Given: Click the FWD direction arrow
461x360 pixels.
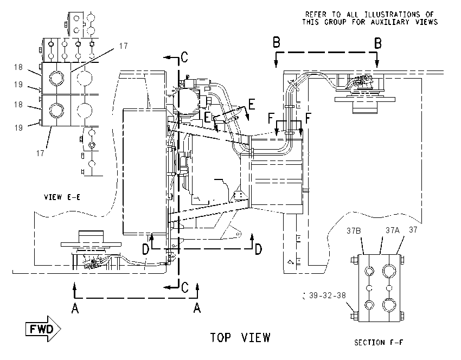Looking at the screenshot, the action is point(43,329).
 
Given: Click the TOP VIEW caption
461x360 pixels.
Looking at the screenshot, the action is point(240,338).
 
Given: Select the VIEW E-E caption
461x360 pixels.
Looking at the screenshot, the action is point(62,197).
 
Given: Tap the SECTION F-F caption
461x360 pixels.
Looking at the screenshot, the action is point(379,342).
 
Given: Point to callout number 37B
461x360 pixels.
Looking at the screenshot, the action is point(354,231).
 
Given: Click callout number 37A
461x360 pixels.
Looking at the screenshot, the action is point(393,230).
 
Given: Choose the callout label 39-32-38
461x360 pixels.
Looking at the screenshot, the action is point(327,295).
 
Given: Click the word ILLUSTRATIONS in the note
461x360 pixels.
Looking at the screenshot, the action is point(392,15).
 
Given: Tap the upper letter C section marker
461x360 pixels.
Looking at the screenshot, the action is point(184,57).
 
